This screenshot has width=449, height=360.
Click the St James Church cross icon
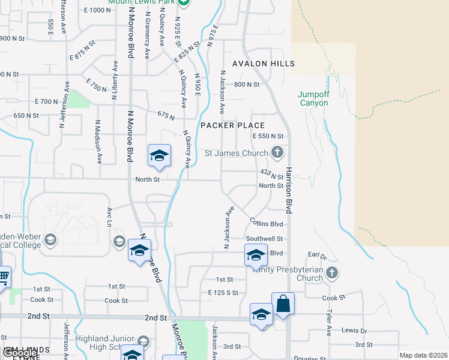[277, 153]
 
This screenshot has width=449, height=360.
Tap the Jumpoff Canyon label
[313, 98]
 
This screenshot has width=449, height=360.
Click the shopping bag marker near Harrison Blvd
[283, 304]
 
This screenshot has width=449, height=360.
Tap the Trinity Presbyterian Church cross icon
[332, 274]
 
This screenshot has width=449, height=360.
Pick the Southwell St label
[264, 239]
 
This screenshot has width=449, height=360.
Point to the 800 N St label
[246, 85]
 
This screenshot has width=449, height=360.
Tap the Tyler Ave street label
[329, 323]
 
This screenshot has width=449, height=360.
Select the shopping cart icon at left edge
[3, 277]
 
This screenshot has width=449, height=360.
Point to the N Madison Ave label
[97, 142]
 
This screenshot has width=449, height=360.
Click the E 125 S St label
[223, 293]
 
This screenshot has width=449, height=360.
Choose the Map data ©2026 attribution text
[423, 355]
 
